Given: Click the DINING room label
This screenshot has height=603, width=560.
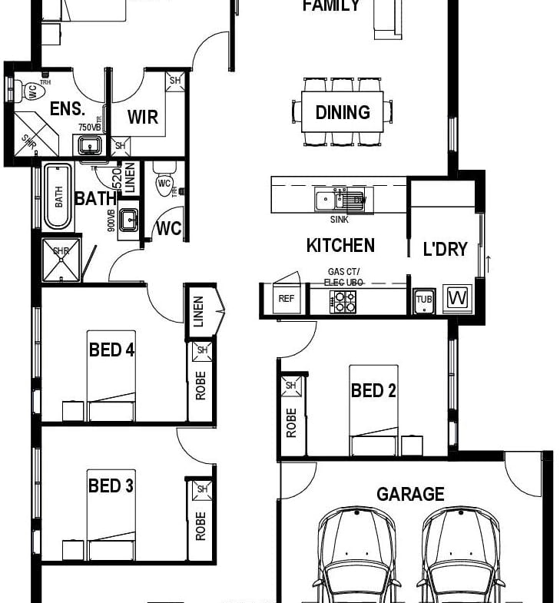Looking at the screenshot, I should [x=343, y=112].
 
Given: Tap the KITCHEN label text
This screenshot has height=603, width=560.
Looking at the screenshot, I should [x=340, y=246].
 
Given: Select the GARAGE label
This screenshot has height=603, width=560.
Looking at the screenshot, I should [x=410, y=494].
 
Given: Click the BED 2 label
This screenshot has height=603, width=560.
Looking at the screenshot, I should [x=373, y=391].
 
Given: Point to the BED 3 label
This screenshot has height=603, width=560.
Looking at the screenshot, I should [x=111, y=485].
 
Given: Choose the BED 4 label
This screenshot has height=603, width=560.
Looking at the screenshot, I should [x=111, y=350].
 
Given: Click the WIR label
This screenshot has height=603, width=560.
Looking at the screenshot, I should [x=143, y=117].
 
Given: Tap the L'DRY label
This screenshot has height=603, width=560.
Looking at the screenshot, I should [x=445, y=249].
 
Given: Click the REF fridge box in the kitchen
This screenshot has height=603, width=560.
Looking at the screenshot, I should [x=286, y=299].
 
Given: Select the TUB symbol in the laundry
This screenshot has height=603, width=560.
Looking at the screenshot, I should [x=425, y=301].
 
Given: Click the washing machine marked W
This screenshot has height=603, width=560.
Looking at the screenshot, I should [x=459, y=297].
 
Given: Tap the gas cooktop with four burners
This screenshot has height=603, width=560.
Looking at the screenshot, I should [x=343, y=302].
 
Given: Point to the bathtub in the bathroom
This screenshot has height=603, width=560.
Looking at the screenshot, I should [x=58, y=196].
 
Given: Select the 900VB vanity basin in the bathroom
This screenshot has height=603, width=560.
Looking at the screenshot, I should [x=128, y=220].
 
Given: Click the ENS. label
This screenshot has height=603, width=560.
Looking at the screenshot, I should [x=66, y=108].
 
